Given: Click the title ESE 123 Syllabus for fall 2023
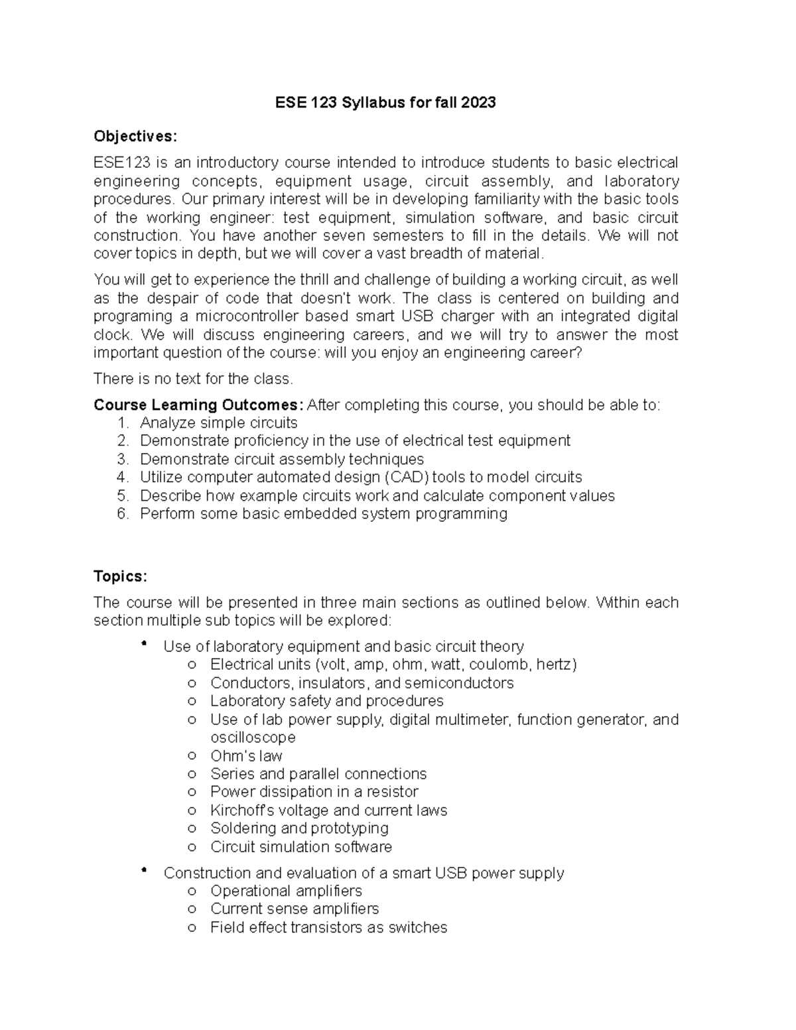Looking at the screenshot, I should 385,103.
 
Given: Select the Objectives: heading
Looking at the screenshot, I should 135,137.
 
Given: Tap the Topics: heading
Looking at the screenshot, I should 120,576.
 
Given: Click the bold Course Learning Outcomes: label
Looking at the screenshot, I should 198,405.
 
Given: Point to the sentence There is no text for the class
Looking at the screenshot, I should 193,379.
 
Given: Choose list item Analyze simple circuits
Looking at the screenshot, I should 218,423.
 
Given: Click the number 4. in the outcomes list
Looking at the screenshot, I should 121,478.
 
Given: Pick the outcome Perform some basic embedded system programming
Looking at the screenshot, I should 323,514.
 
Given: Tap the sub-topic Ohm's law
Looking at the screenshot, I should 246,756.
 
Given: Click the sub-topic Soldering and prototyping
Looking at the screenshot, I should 299,828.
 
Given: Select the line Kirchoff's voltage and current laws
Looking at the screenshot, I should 328,810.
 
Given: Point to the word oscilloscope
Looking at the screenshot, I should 253,738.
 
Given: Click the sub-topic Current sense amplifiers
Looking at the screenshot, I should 295,909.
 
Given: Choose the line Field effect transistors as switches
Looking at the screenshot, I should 328,927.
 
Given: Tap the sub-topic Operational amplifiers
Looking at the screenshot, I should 286,891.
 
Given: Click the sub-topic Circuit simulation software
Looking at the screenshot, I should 300,847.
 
